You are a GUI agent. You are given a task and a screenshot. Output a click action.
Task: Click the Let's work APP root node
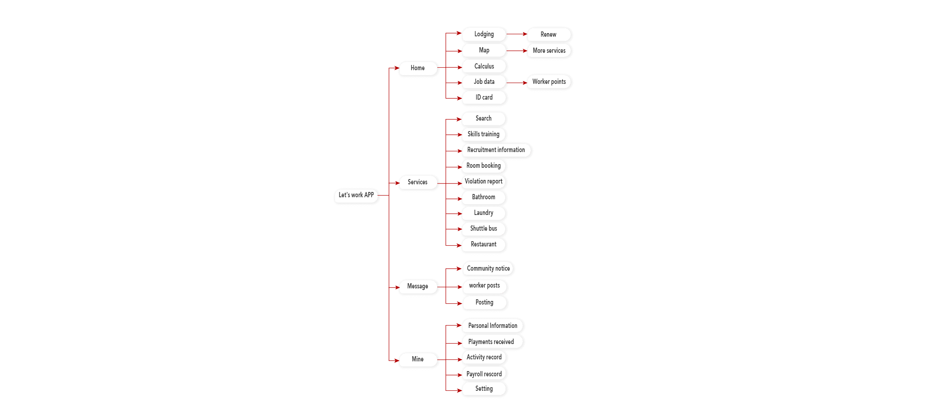pos(356,196)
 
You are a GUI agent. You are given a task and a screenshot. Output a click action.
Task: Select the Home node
pos(418,68)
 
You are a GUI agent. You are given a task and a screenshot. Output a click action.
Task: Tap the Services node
pos(418,182)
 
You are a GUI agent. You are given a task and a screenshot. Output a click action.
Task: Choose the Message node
pos(418,286)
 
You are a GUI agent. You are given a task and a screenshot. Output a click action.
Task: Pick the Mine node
pos(418,359)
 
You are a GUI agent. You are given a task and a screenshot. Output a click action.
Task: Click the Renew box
pos(549,35)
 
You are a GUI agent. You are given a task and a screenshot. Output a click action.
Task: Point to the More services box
pos(549,51)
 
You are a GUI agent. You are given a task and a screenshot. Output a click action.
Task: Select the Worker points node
pos(549,82)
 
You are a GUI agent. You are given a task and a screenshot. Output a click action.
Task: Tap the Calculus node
pos(484,67)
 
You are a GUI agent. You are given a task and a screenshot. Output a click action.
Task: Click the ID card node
pos(484,98)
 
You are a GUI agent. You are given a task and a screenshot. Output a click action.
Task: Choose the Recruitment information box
pos(496,150)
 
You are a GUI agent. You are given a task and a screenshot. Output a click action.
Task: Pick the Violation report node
pos(484,182)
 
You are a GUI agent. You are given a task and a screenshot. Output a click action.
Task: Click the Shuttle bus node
pos(484,229)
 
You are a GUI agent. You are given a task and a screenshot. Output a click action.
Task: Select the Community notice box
pos(488,269)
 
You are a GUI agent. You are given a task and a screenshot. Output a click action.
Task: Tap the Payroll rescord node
pos(484,374)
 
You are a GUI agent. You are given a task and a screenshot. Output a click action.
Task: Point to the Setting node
pos(484,389)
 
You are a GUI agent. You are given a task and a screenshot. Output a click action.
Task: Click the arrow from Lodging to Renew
pos(517,34)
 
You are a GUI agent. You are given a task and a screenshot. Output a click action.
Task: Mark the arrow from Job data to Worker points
pos(517,83)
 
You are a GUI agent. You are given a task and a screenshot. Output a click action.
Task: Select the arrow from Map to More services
pos(517,51)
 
